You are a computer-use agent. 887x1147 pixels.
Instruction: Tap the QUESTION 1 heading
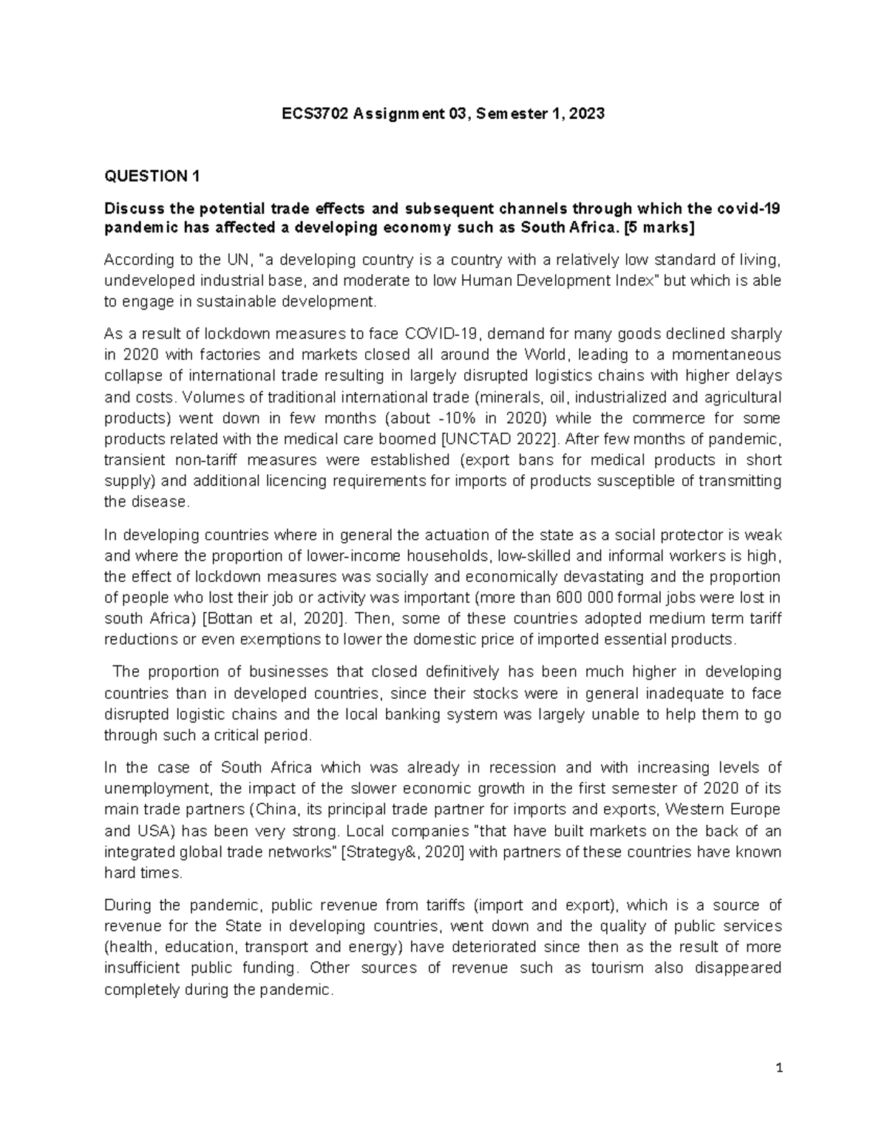coord(152,176)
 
